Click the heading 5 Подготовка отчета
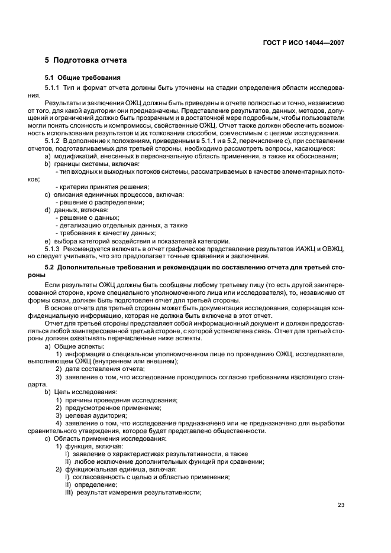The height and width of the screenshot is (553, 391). pos(86,60)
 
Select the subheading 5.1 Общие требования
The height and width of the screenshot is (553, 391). pos(83,77)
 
